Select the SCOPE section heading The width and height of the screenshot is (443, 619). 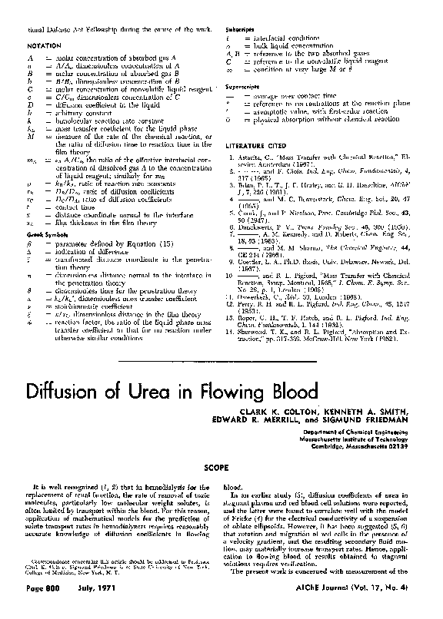tap(222, 465)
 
